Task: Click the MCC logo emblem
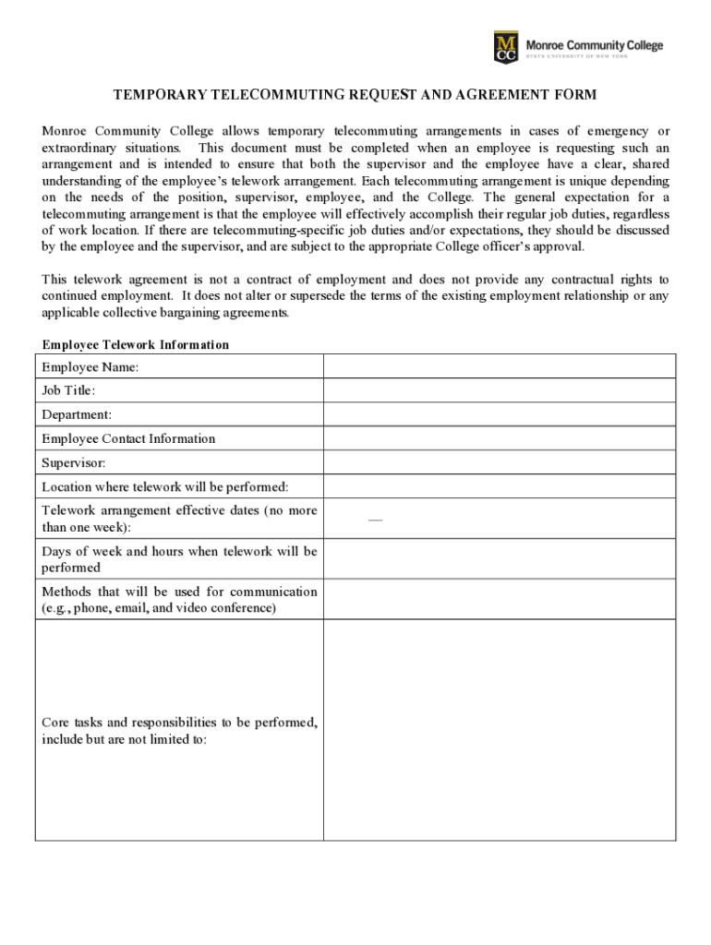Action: pos(506,47)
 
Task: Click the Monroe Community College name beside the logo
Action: pos(594,46)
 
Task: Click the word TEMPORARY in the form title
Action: pos(160,95)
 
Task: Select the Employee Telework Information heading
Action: pos(136,345)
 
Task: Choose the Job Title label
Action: pos(68,391)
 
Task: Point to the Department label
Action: pos(77,415)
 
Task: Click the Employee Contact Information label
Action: pos(128,439)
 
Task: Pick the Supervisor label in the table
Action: pos(74,463)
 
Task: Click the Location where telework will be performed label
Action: pos(165,487)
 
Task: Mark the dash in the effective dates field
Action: pos(375,520)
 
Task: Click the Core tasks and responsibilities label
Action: pos(179,731)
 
